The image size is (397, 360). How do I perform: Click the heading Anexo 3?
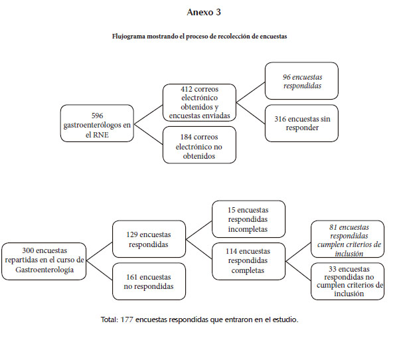click(x=204, y=12)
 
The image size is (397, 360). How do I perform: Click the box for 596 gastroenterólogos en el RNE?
click(x=97, y=124)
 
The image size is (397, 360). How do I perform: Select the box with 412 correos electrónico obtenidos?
click(x=200, y=102)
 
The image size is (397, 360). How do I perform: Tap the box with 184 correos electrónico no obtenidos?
click(x=200, y=145)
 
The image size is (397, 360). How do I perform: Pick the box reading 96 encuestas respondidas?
click(x=302, y=81)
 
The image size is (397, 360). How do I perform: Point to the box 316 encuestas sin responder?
click(x=302, y=124)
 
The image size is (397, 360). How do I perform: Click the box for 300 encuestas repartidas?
click(x=44, y=261)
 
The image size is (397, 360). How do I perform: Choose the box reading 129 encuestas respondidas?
click(x=149, y=239)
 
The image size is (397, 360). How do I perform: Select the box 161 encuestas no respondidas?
click(x=149, y=282)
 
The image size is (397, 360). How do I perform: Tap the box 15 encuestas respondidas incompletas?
click(x=249, y=219)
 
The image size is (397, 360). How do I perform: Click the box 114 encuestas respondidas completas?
click(x=249, y=261)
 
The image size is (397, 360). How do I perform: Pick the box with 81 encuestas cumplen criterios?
click(x=348, y=239)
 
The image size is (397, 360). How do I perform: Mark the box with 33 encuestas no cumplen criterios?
click(x=348, y=282)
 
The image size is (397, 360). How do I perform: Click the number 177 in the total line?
click(x=127, y=319)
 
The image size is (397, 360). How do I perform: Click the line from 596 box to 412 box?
click(x=148, y=114)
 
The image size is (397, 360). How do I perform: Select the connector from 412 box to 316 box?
click(x=251, y=113)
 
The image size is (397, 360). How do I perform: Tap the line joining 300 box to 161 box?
click(x=100, y=270)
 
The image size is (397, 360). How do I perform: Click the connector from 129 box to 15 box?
click(x=199, y=230)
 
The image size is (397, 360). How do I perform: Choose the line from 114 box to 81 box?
click(x=298, y=252)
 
